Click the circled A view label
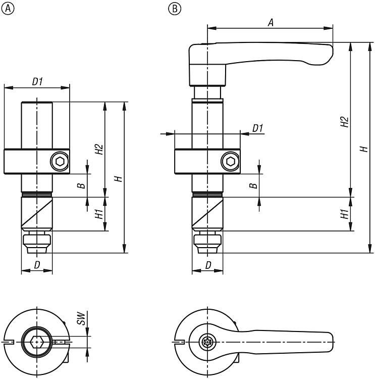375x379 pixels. pos(6,9)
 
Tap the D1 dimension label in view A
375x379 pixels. pos(37,81)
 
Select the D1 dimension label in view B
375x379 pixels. pos(258,128)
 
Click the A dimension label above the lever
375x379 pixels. pos(271,22)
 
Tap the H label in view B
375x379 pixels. pos(363,149)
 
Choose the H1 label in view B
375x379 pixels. pos(344,214)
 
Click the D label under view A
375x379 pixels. pos(37,265)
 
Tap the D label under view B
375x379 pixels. pos(208,265)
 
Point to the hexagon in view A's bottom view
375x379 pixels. pos(37,342)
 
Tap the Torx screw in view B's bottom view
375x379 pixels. pos(207,342)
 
